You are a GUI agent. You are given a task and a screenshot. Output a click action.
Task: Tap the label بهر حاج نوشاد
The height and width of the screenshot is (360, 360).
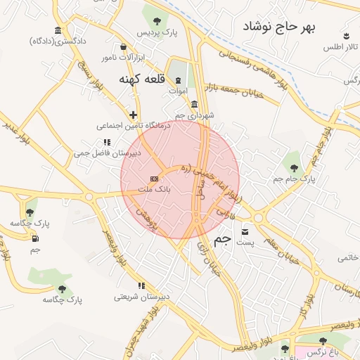279,27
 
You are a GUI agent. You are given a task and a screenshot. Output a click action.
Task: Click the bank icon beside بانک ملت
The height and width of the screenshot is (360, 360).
154,180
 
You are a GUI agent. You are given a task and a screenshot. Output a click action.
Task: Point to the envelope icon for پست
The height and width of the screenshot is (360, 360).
245,231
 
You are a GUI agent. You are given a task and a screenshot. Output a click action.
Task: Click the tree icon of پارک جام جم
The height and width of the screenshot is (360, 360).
294,167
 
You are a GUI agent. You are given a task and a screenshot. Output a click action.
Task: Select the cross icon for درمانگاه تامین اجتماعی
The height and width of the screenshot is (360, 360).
133,114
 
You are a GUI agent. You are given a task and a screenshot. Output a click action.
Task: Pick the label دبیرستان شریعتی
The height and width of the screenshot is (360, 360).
141,297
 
